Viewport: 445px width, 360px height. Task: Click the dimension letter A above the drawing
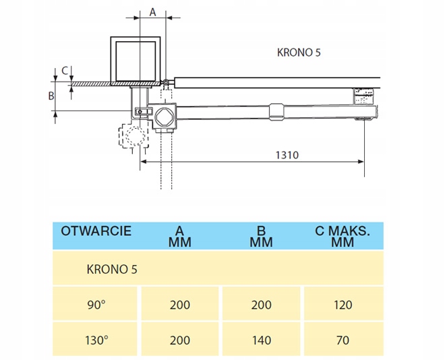(152, 13)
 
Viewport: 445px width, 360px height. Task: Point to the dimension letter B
(51, 96)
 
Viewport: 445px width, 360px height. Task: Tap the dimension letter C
(65, 71)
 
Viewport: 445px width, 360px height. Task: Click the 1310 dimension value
(287, 155)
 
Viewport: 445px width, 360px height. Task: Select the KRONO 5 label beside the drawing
(299, 53)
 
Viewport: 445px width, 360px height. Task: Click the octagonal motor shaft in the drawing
(165, 117)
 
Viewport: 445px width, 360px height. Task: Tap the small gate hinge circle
(165, 82)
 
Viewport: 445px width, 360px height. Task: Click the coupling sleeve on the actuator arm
(276, 112)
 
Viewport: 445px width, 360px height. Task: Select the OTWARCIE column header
(96, 231)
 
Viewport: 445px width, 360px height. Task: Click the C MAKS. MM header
(343, 237)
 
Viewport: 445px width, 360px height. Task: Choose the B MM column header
(261, 237)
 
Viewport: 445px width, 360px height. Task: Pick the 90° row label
(96, 305)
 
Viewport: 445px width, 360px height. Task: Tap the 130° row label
(96, 340)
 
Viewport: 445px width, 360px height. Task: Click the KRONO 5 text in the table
(112, 270)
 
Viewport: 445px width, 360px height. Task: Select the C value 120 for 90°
(343, 305)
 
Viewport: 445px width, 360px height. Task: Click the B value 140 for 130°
(262, 340)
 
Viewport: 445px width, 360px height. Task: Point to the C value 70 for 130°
(343, 340)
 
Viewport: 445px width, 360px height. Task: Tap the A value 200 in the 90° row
(180, 305)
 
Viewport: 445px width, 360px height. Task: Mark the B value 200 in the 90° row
(261, 305)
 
